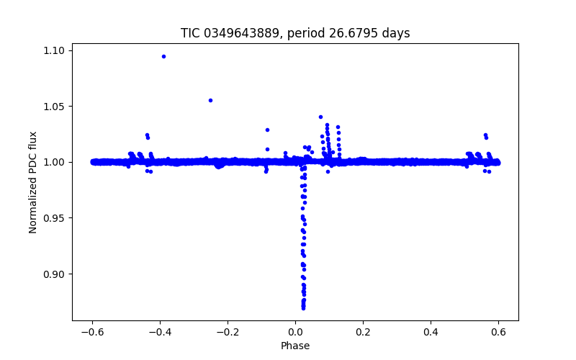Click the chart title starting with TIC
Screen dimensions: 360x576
[294, 33]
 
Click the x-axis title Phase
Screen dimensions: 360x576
[295, 346]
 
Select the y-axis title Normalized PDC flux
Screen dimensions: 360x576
[33, 181]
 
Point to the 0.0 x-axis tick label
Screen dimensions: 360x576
[295, 332]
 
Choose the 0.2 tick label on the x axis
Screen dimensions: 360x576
[363, 332]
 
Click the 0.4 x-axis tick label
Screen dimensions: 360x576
[431, 332]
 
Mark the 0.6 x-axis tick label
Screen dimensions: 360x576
[498, 332]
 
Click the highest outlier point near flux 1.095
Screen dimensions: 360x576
[163, 56]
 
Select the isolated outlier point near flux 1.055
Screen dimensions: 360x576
[210, 100]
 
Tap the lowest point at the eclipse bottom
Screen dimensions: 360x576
[303, 307]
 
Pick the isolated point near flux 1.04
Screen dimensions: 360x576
[320, 117]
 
